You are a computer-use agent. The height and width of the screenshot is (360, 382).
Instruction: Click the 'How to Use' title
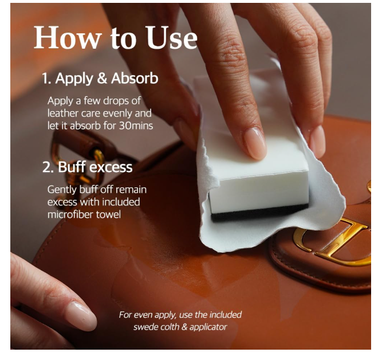pos(115,38)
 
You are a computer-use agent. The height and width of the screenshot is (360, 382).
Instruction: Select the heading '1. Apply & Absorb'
pos(100,79)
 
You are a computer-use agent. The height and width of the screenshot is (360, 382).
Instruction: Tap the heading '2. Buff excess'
pos(88,167)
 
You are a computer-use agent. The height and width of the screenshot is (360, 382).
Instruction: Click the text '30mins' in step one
pos(136,126)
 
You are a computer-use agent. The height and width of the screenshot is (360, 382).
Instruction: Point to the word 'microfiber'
pos(70,214)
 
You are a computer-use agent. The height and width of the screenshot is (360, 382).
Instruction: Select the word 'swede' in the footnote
pos(144,327)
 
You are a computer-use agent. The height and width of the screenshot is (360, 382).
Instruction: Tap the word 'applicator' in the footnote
pos(208,327)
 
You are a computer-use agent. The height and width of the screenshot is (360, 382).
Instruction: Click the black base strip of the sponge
pos(259,213)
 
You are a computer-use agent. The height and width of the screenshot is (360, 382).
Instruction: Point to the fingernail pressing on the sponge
pos(255,143)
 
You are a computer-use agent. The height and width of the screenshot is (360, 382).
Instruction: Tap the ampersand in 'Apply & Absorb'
pos(103,79)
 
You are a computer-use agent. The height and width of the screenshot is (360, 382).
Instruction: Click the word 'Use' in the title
pos(171,38)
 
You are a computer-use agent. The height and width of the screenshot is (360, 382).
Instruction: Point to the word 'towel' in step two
pos(108,214)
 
